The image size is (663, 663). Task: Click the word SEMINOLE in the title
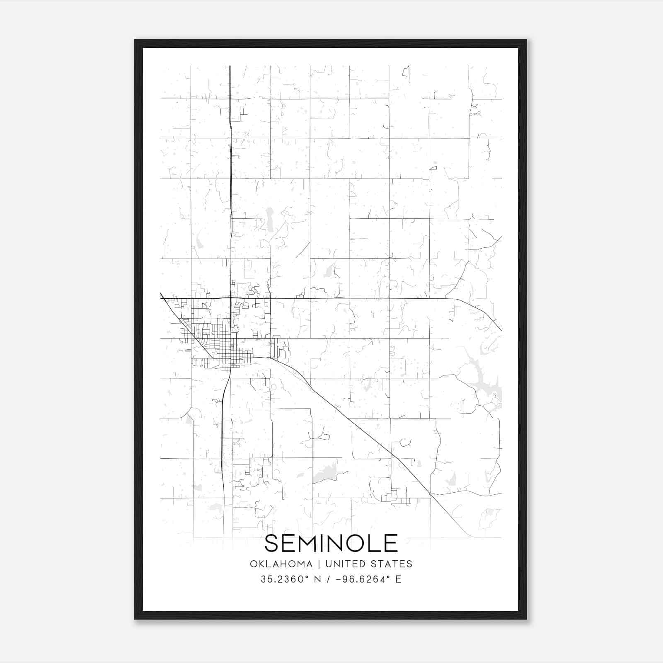331,543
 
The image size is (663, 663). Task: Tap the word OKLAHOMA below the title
281,564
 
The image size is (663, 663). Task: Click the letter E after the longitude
398,579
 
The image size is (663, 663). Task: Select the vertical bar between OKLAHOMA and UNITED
319,564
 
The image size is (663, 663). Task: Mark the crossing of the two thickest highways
230,298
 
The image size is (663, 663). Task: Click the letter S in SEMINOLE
272,543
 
